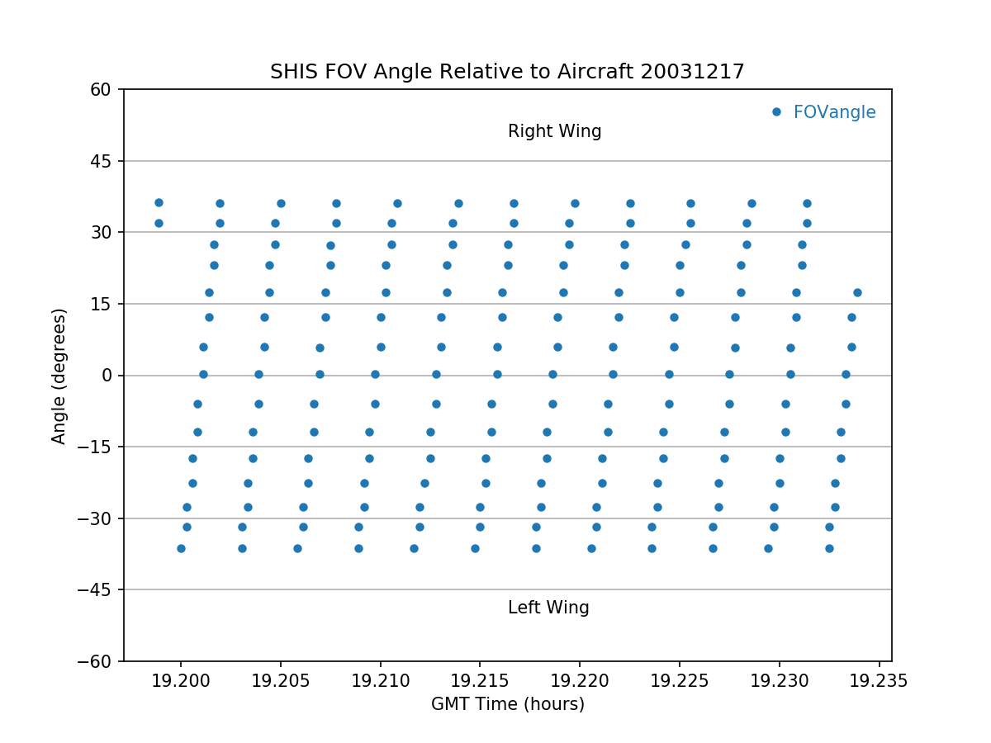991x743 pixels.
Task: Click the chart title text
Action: pos(507,72)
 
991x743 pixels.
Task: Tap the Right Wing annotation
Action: pos(554,131)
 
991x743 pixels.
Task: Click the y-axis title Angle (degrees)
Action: pos(59,376)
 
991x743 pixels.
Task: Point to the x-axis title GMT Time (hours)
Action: pos(507,704)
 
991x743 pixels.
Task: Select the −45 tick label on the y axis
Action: pos(96,590)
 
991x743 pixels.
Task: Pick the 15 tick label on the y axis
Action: pos(102,304)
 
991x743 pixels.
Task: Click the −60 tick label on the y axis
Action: pos(96,661)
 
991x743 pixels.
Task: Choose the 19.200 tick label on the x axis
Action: pos(180,681)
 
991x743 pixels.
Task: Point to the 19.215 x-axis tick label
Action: pos(480,681)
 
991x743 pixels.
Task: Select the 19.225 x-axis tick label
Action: pos(680,681)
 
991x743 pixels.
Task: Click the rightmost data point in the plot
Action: pos(857,292)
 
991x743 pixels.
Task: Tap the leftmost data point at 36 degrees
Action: pos(159,202)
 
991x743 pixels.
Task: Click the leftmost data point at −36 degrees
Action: pos(181,548)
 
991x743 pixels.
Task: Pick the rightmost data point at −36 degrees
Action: pos(829,548)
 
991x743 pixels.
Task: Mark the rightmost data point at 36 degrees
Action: pos(807,203)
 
